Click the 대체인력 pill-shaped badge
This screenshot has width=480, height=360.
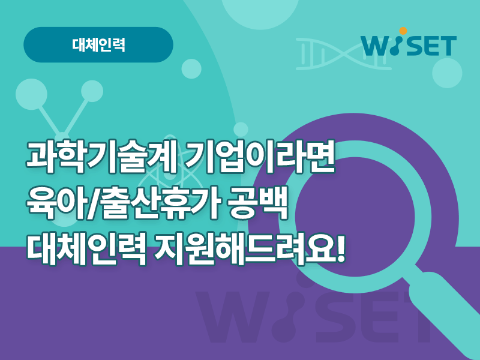click(98, 44)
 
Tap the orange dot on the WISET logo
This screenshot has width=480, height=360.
click(403, 31)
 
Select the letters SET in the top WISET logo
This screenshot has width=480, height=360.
click(431, 46)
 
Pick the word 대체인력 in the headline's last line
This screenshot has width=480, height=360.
click(86, 248)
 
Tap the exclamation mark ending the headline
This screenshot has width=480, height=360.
click(340, 247)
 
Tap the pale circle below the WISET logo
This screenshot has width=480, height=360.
click(447, 73)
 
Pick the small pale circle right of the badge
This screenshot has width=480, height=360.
click(191, 69)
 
